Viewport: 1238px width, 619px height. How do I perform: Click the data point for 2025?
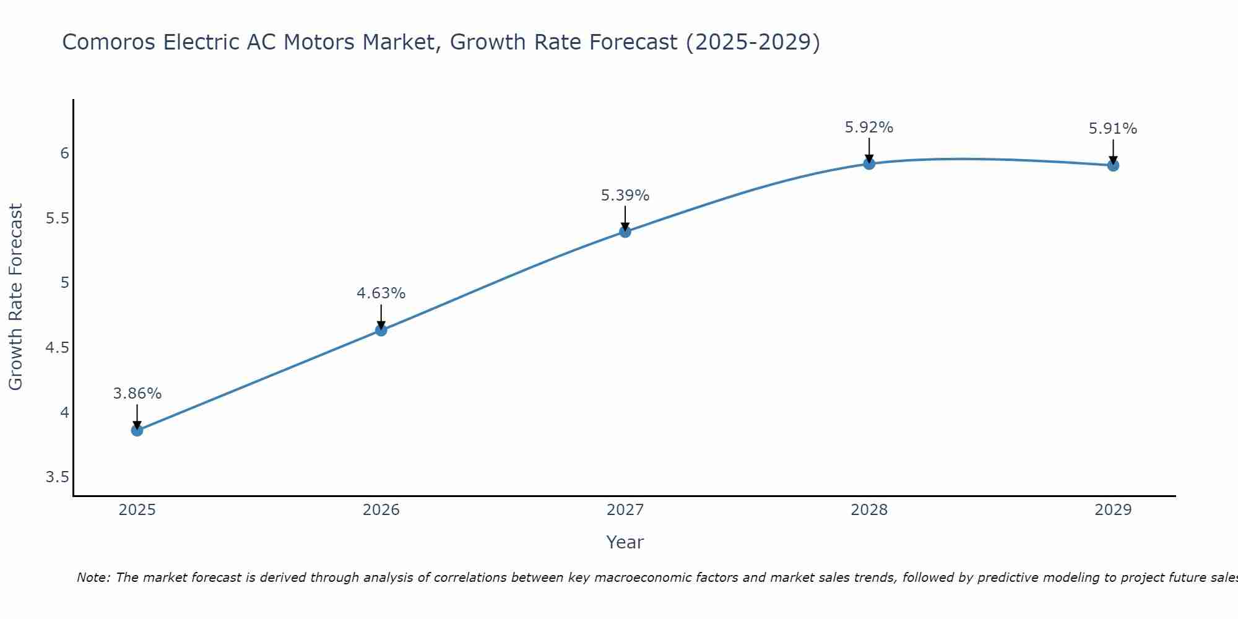point(137,430)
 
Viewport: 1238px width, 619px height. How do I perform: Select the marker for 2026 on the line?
point(381,330)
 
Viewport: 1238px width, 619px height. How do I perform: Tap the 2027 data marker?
point(625,232)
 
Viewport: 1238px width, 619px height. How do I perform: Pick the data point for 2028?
point(868,163)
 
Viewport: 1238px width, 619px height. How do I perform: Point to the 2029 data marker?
point(1112,165)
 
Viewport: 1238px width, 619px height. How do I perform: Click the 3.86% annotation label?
point(137,394)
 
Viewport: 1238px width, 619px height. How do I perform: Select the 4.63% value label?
point(381,293)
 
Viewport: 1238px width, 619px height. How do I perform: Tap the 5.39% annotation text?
point(625,196)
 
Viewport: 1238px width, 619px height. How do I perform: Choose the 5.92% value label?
point(868,128)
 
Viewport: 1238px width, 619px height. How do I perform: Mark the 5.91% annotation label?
point(1112,129)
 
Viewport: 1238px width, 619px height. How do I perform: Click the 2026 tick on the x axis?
point(381,510)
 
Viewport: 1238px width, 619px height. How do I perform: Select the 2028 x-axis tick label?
point(868,510)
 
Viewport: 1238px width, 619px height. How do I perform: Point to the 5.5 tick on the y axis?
point(57,219)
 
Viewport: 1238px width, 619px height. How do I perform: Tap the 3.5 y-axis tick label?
point(57,477)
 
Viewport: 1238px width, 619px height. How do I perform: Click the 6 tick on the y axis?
point(64,153)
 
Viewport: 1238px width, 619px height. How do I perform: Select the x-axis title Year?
point(625,542)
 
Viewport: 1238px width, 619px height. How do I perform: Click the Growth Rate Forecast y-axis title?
point(15,297)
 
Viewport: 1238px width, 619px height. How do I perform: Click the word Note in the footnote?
point(93,578)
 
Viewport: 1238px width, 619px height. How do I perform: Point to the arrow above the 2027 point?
point(625,218)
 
